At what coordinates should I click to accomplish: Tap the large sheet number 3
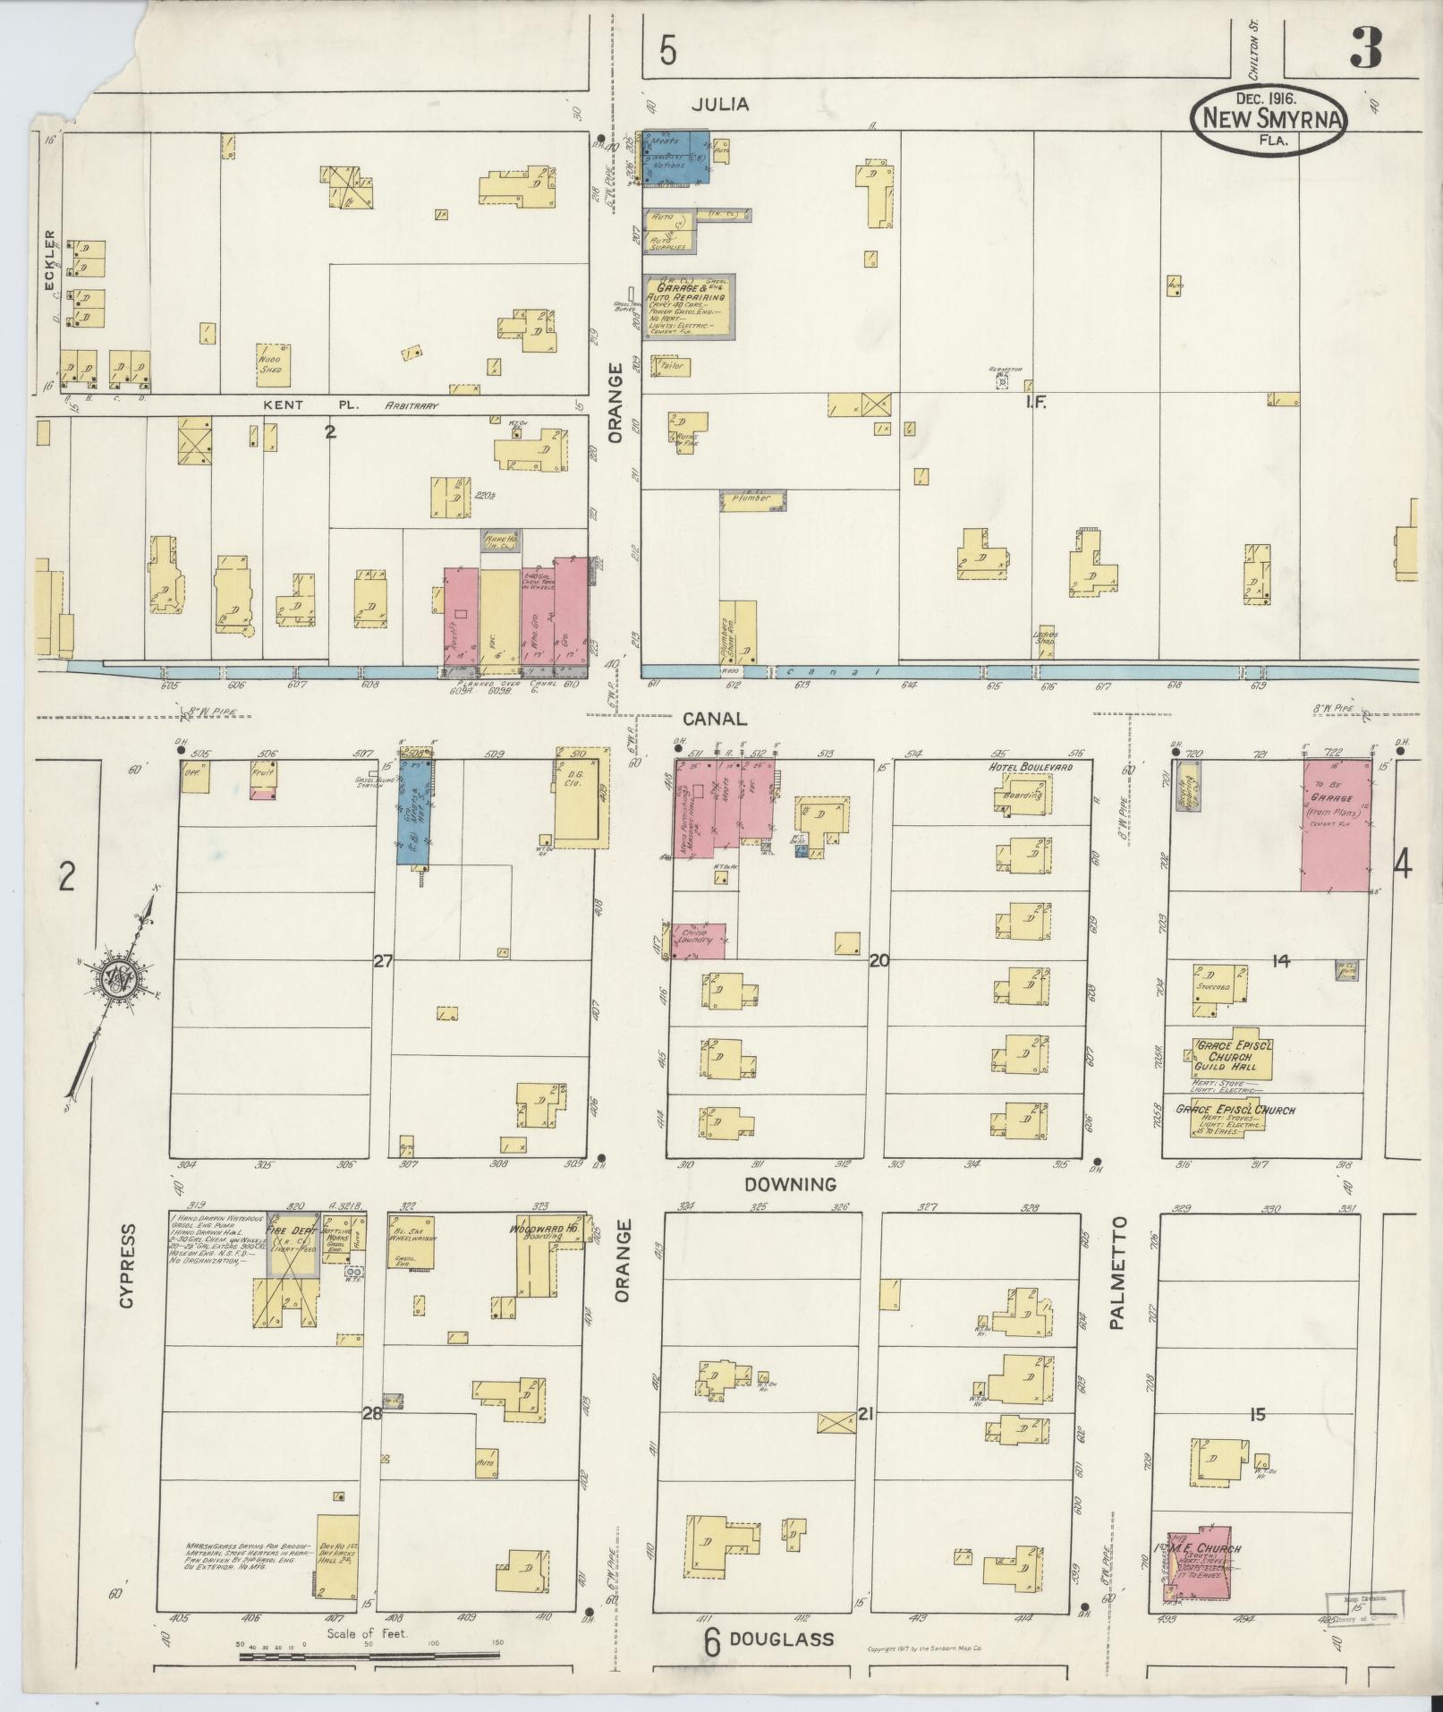coord(1366,47)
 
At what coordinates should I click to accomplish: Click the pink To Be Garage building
coord(1336,824)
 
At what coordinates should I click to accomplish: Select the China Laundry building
coord(698,941)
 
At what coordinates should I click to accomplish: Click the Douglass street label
coord(781,1639)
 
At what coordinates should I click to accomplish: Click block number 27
coord(383,961)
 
